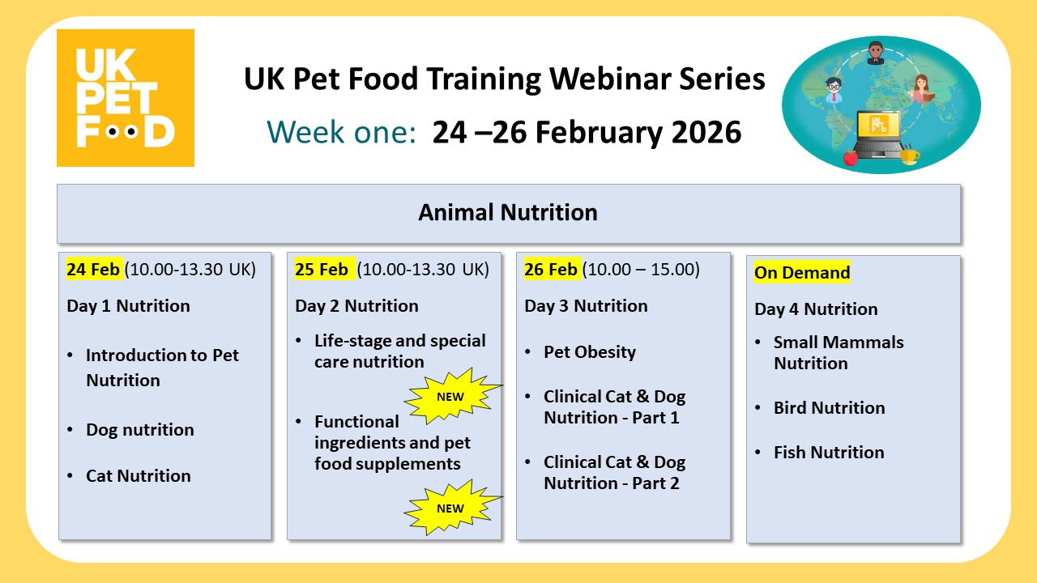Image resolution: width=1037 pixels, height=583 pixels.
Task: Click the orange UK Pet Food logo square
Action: click(125, 98)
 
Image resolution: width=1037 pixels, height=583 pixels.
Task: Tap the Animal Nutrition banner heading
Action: click(508, 213)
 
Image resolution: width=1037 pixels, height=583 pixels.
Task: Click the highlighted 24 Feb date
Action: click(93, 269)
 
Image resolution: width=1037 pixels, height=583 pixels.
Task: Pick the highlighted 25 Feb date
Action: click(322, 269)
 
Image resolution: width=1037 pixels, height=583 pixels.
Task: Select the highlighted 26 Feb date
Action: click(551, 269)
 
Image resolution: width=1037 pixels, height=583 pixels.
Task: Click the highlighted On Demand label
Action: click(802, 273)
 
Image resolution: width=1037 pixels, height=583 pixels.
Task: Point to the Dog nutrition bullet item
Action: click(140, 430)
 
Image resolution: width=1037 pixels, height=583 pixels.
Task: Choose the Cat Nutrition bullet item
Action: click(139, 476)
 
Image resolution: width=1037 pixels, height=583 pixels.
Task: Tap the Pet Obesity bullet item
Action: click(590, 352)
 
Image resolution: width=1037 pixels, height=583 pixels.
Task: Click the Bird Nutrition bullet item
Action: click(829, 408)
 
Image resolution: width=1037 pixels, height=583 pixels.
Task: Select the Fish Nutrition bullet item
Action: click(829, 453)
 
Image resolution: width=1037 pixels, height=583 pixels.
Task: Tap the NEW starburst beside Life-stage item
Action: click(450, 397)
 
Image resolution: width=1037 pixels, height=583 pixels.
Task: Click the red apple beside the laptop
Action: click(850, 157)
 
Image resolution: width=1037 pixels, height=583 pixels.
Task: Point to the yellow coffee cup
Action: click(909, 155)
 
